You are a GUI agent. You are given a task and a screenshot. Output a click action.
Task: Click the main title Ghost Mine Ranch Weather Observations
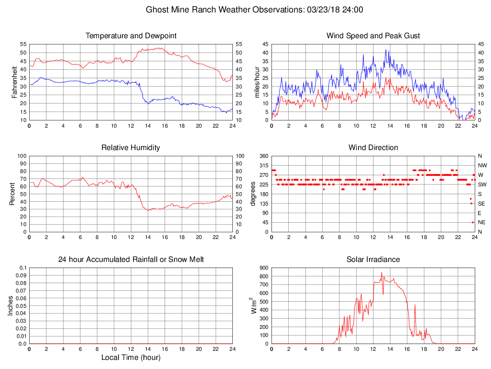pos(254,10)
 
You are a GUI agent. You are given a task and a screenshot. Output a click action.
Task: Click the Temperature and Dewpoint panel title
pos(131,36)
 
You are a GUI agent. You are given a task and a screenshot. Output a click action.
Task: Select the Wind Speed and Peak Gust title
pos(373,36)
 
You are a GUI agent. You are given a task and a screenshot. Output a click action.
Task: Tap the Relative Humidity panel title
pos(131,148)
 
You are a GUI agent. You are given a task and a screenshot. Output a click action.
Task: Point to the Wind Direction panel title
pos(373,148)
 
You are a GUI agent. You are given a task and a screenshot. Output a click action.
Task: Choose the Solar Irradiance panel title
pos(373,260)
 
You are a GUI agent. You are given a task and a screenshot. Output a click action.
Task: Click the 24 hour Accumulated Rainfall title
pos(131,260)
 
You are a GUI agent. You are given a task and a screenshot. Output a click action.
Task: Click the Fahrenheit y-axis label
pos(14,81)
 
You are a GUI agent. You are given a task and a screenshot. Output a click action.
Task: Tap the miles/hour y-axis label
pos(257,81)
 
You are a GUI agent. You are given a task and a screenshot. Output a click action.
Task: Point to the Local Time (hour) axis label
pos(131,358)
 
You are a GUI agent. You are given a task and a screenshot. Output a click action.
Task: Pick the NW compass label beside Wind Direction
pos(482,165)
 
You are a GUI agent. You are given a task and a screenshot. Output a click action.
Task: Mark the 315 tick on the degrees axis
pos(262,165)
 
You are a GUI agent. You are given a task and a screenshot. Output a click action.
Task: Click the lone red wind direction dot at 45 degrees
pos(472,222)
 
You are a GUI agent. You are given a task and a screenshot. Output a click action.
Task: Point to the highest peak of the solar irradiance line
pos(382,273)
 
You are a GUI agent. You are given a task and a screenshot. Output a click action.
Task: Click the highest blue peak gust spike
pos(386,50)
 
